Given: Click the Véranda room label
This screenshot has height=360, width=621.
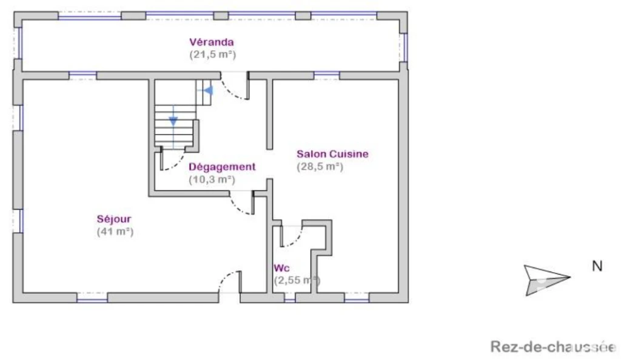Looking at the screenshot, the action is [x=212, y=42].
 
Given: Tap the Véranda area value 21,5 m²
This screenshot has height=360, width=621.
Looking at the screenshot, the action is [x=213, y=54].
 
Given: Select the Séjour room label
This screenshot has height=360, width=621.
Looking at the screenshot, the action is [x=114, y=219].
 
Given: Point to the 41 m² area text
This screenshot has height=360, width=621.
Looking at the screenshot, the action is [x=115, y=232].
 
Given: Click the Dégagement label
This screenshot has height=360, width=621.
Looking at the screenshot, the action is [x=222, y=167].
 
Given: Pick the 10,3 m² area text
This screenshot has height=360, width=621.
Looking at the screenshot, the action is [x=212, y=179].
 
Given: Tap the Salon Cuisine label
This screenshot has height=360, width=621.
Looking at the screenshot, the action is [x=333, y=154].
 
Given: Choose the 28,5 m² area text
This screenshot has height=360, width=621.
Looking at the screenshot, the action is [x=320, y=167].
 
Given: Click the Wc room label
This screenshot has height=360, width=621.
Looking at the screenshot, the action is [x=281, y=268].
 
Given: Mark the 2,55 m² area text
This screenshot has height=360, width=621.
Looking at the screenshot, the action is [x=297, y=281].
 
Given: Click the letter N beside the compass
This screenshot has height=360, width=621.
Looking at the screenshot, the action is [x=597, y=266].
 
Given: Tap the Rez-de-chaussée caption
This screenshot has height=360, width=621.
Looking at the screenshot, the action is [x=554, y=347].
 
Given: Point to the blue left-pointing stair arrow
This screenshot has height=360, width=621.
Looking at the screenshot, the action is [x=207, y=90].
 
